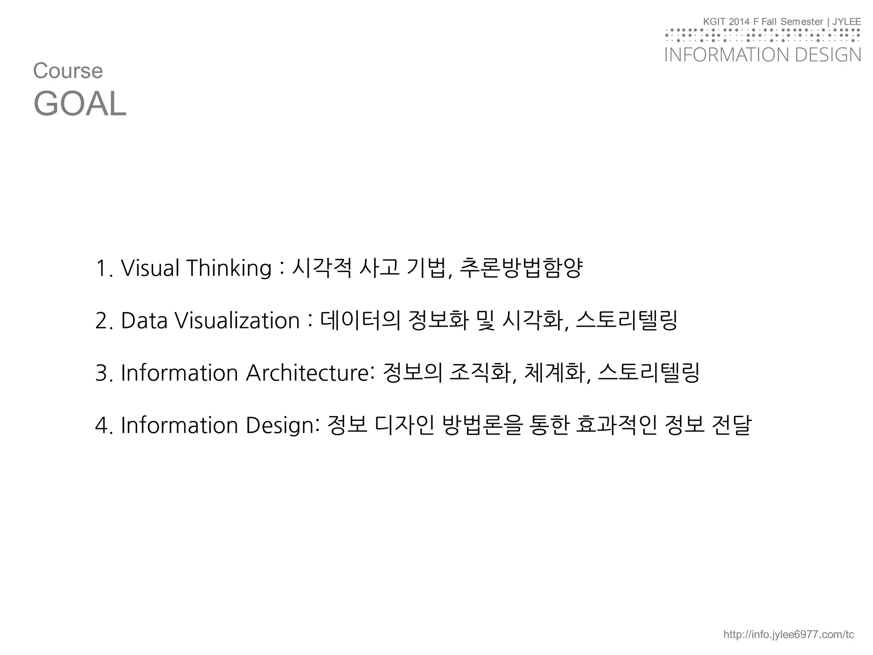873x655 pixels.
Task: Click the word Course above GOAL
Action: point(68,71)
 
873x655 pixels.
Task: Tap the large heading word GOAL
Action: point(80,104)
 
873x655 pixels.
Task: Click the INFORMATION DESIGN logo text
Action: point(763,55)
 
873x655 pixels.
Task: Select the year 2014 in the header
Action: point(739,22)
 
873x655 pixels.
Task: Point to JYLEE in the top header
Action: point(847,22)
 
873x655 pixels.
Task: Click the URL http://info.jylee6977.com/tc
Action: point(789,635)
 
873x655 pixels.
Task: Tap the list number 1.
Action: point(102,268)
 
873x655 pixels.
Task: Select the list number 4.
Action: point(102,426)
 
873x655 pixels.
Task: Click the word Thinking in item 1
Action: point(229,268)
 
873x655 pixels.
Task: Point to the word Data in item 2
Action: point(144,321)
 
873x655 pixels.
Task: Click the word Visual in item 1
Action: point(150,268)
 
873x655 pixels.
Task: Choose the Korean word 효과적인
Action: point(616,426)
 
